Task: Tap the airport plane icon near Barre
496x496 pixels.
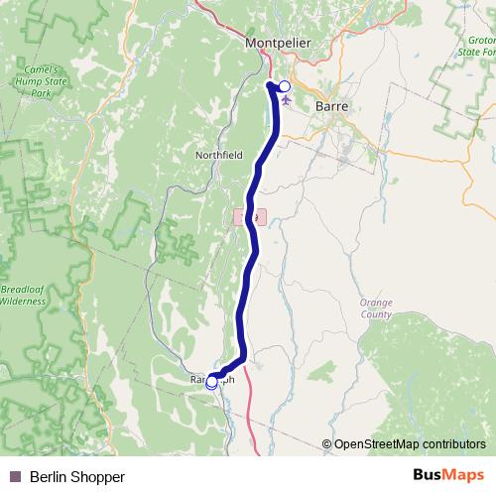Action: tap(287, 100)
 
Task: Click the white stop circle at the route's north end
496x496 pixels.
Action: tap(285, 86)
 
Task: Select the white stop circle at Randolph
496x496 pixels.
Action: tap(211, 382)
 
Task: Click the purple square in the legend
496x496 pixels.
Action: tap(14, 477)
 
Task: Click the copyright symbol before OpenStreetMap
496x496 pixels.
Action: tap(326, 444)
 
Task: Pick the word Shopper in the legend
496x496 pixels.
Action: tap(101, 477)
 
